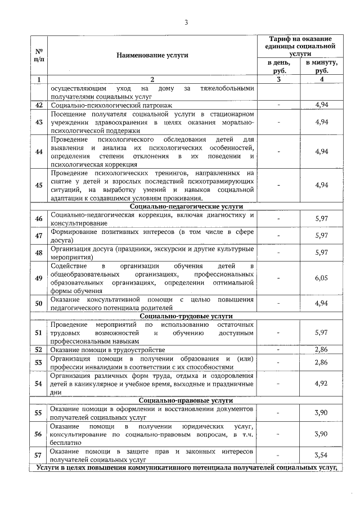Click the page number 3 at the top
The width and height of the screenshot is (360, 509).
coord(186,22)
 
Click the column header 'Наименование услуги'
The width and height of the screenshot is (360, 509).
coord(152,55)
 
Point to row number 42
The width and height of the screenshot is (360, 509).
coord(39,105)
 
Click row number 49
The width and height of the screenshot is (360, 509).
coord(39,278)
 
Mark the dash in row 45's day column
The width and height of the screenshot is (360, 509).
coord(280,185)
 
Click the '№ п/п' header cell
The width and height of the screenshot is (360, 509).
coord(39,55)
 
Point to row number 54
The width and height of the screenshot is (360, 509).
coord(39,384)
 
